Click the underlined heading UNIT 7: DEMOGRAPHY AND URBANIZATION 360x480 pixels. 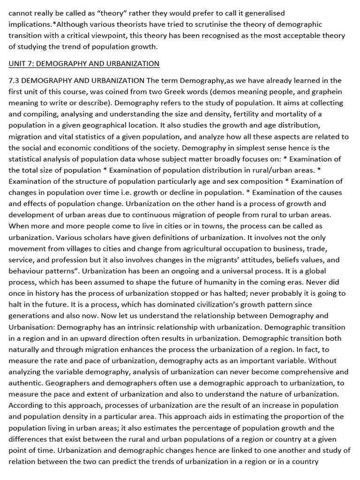[x=84, y=63]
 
